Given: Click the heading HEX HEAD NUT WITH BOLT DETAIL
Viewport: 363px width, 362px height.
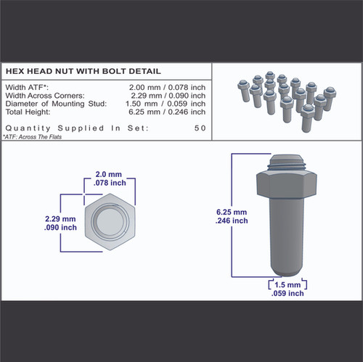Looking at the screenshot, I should [x=83, y=72].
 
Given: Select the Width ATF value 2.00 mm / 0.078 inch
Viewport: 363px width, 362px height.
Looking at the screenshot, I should [x=166, y=87].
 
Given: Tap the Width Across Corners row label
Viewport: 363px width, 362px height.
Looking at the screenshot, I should [x=45, y=95].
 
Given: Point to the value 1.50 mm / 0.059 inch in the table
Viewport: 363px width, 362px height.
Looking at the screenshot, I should [x=166, y=103].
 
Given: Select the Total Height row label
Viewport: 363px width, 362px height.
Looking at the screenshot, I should [x=28, y=111].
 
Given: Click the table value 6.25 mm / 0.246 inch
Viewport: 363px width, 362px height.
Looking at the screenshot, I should [x=166, y=111].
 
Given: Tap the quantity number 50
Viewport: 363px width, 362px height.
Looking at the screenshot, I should [x=200, y=128].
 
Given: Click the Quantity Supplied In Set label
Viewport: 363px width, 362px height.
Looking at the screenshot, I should [x=77, y=128].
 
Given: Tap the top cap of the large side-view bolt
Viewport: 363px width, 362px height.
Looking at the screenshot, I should [x=285, y=160].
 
